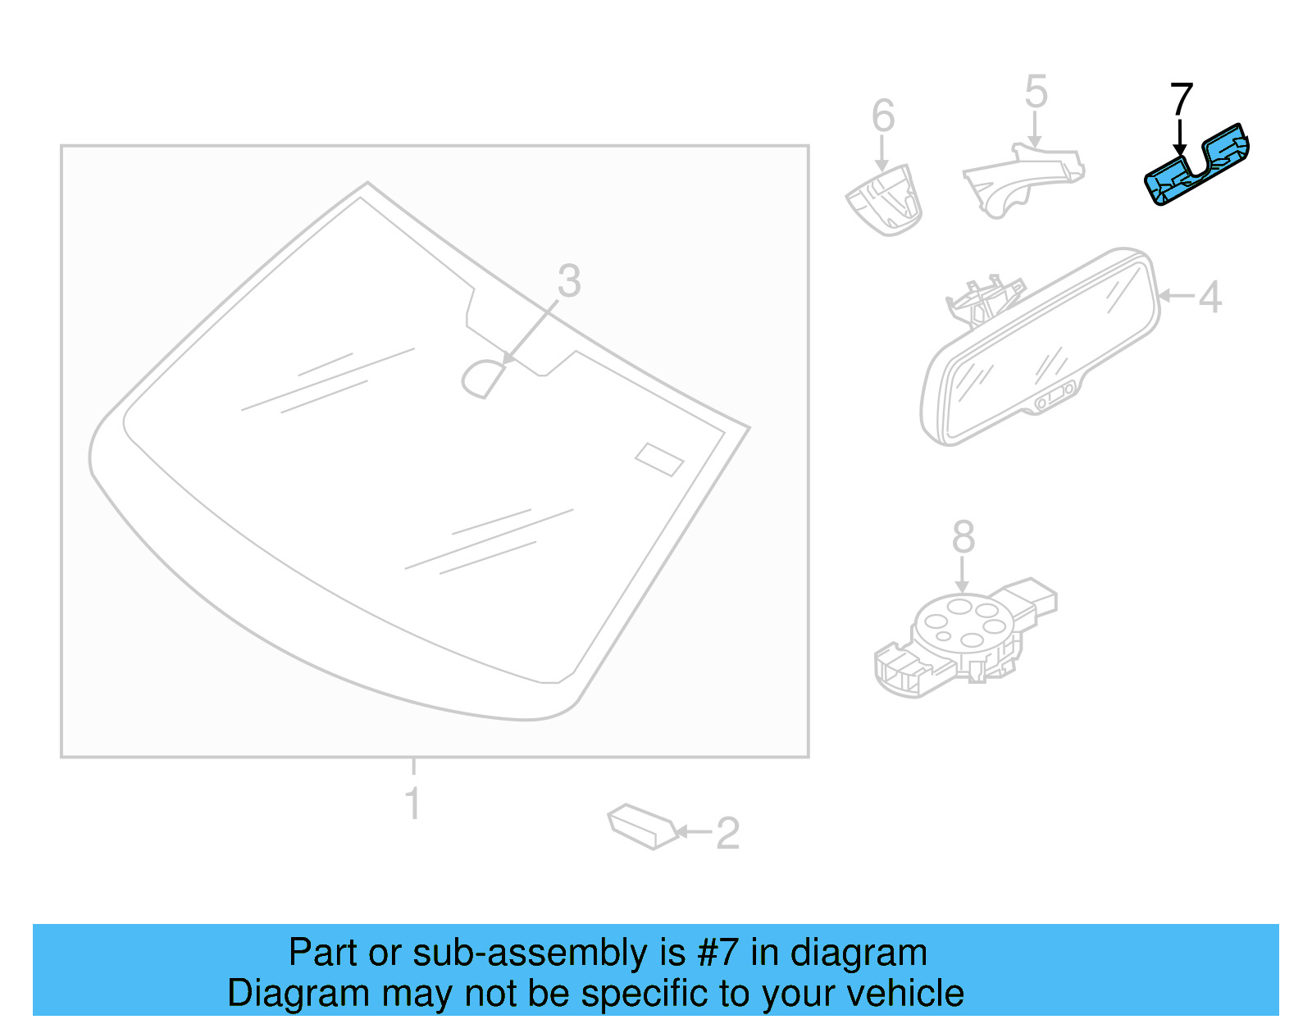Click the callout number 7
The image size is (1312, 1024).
click(x=1181, y=99)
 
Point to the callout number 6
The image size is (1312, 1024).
click(x=882, y=116)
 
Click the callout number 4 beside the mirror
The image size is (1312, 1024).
click(x=1209, y=296)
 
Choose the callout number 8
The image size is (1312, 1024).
click(x=963, y=538)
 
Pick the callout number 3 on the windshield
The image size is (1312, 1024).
click(x=569, y=281)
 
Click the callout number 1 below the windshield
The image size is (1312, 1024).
click(x=413, y=803)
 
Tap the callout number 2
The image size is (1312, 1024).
click(x=727, y=833)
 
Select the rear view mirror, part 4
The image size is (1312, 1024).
click(x=1041, y=348)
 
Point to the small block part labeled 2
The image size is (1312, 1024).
click(x=642, y=826)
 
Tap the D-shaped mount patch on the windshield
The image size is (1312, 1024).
click(x=483, y=378)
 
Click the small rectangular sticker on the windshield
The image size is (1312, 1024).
click(x=659, y=459)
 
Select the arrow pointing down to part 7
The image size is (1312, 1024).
click(x=1180, y=136)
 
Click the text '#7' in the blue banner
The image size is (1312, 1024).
click(x=718, y=953)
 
